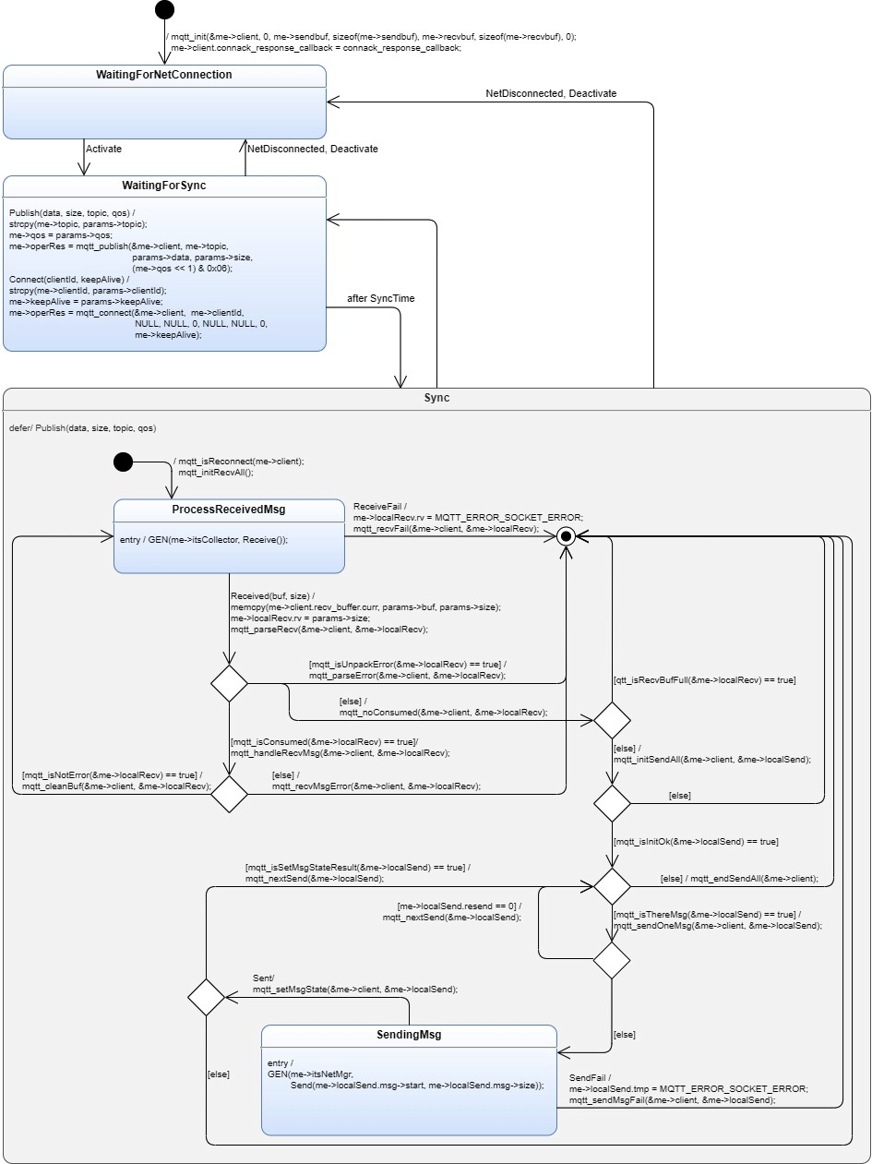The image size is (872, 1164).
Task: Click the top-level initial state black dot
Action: (x=164, y=10)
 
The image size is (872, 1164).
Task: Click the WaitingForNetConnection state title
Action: (x=164, y=74)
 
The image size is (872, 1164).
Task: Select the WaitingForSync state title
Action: (x=164, y=186)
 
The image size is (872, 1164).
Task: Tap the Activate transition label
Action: (x=103, y=148)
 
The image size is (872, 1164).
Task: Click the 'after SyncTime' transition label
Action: (x=373, y=298)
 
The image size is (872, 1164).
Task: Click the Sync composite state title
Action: (x=436, y=398)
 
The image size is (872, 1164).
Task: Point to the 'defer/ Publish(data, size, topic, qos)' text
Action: (x=82, y=428)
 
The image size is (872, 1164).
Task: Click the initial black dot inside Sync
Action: (x=122, y=462)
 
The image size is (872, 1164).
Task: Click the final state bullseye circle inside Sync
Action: (x=567, y=535)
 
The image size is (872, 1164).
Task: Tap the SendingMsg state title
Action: (x=409, y=1035)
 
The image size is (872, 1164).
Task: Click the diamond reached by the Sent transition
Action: (x=206, y=997)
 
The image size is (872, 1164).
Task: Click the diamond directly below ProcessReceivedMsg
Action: (x=229, y=683)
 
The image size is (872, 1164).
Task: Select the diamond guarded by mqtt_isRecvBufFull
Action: (x=611, y=720)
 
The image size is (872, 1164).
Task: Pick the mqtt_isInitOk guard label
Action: (x=696, y=842)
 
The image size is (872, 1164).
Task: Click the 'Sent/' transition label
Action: (x=264, y=978)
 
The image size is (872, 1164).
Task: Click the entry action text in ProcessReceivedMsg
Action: (x=204, y=540)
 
